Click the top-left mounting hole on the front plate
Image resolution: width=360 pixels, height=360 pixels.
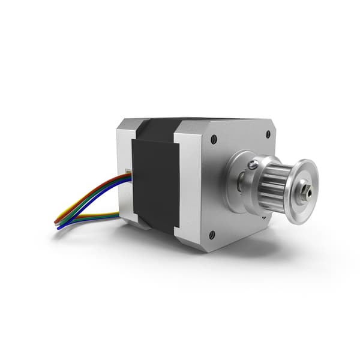point(214,139)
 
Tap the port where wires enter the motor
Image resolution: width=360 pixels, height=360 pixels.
point(128,174)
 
